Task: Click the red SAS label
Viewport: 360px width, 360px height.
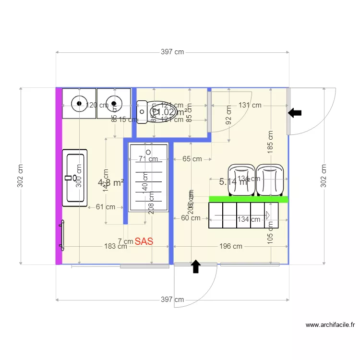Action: (x=144, y=241)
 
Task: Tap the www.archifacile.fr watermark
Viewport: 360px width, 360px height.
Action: (x=330, y=325)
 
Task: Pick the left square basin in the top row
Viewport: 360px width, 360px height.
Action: (x=79, y=103)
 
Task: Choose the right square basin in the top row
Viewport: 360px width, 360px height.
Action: (x=114, y=103)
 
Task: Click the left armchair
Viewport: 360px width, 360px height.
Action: (x=241, y=180)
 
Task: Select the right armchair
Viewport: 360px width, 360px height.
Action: (x=271, y=180)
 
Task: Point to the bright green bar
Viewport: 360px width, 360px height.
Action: (x=248, y=199)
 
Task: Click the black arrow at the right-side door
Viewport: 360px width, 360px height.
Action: (x=295, y=113)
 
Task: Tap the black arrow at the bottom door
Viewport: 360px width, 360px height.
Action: (x=195, y=266)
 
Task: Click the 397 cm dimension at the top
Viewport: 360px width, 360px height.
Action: (x=172, y=52)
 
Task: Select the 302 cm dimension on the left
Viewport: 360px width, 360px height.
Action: (x=21, y=176)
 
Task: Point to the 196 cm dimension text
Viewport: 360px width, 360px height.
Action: (x=230, y=246)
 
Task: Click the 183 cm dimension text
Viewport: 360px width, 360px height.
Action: (x=115, y=246)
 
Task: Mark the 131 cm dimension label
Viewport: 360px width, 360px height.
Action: (x=250, y=105)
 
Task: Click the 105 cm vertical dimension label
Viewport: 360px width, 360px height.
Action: (x=270, y=239)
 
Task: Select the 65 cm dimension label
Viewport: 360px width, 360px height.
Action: (x=192, y=159)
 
